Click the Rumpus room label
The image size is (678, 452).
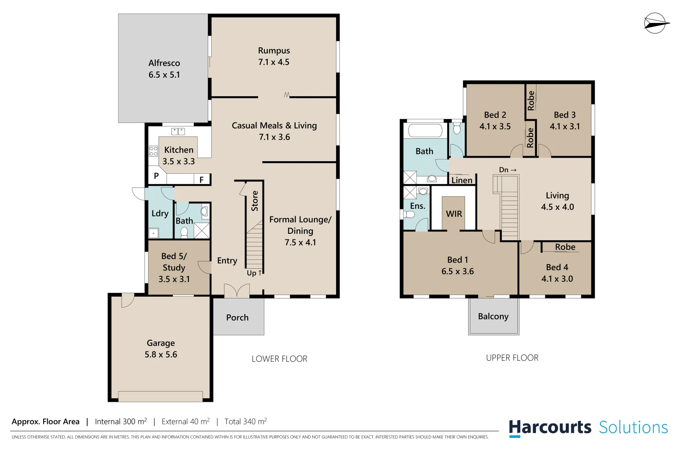click(x=274, y=51)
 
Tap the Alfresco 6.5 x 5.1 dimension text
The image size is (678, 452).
click(x=164, y=75)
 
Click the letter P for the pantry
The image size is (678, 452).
click(x=156, y=176)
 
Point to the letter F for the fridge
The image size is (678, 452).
click(x=201, y=180)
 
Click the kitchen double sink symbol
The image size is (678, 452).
click(x=178, y=131)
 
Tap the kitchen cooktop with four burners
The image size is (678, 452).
click(x=153, y=151)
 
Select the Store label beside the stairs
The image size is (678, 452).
click(x=254, y=201)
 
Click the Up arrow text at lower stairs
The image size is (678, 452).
click(x=254, y=273)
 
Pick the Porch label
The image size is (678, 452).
click(x=237, y=318)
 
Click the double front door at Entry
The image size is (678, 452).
click(x=236, y=291)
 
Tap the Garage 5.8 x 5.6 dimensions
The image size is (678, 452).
click(x=161, y=354)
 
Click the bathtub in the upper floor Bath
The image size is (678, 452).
click(x=425, y=131)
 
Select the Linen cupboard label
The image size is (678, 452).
click(x=462, y=180)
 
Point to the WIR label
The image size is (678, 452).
click(x=454, y=214)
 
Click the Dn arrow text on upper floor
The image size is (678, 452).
click(x=507, y=170)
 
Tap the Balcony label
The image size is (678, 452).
click(x=493, y=316)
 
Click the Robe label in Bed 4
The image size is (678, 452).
click(x=565, y=247)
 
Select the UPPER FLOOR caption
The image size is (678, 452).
click(x=512, y=358)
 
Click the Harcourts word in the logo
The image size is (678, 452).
click(x=550, y=428)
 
